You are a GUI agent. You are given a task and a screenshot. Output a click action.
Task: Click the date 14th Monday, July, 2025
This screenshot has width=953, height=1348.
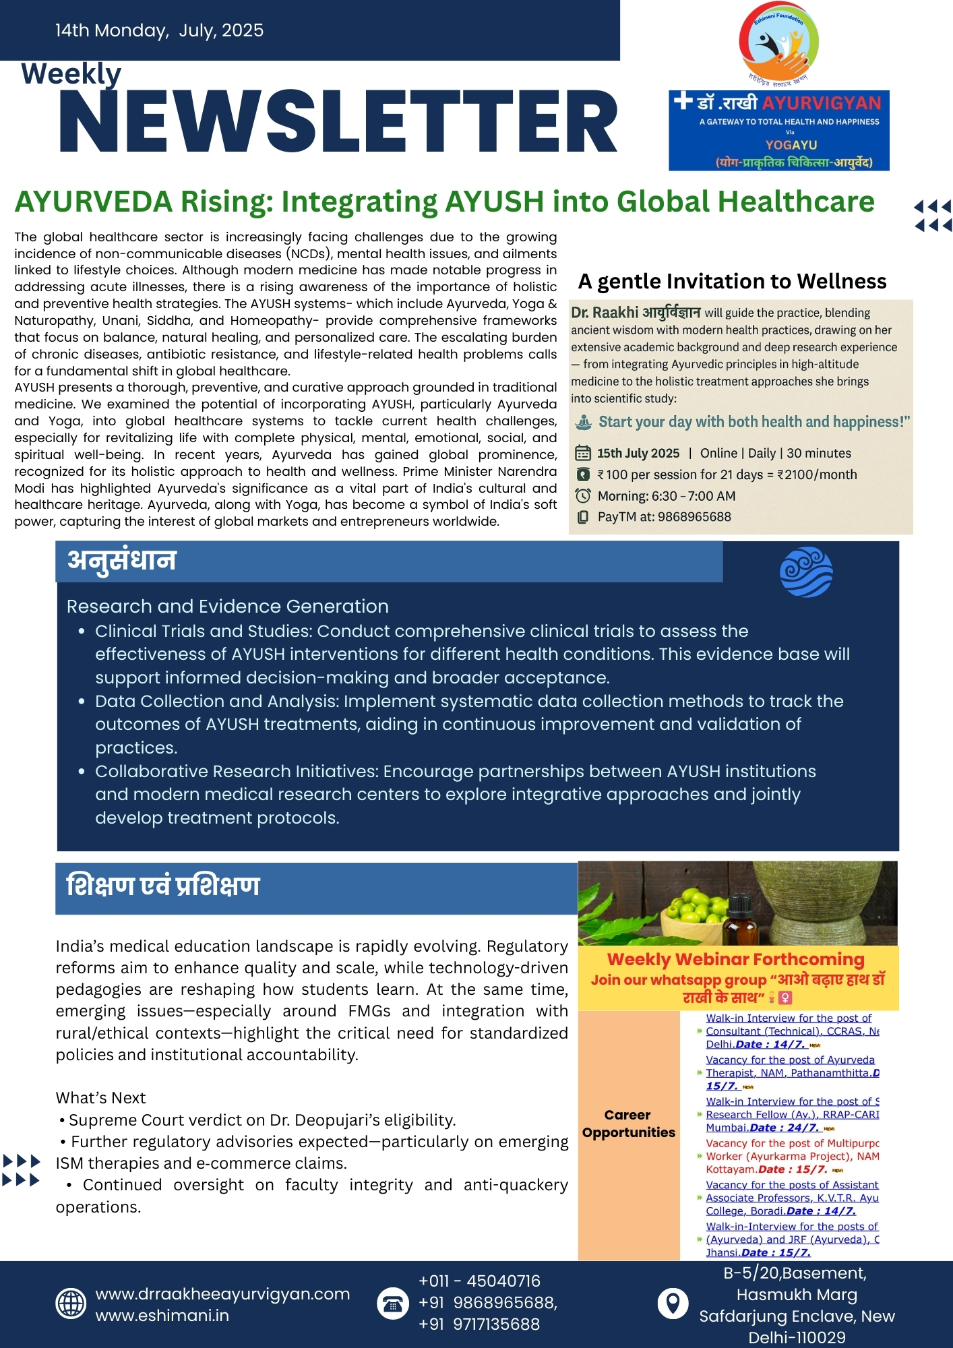[159, 30]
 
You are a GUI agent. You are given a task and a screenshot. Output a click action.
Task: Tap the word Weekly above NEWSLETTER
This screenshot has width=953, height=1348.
[71, 73]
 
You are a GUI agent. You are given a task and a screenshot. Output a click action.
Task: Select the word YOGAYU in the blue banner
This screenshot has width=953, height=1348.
[791, 145]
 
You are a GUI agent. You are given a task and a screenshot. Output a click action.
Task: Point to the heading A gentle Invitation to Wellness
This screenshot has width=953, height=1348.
[732, 281]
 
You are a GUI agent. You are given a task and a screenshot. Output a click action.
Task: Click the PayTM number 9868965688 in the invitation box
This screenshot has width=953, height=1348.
[694, 517]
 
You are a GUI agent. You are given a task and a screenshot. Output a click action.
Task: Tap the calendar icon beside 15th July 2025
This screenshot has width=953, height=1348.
[583, 454]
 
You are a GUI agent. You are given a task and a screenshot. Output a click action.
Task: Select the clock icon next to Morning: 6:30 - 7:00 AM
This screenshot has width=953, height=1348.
[583, 496]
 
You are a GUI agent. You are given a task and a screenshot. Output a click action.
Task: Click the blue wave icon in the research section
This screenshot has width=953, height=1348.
[806, 572]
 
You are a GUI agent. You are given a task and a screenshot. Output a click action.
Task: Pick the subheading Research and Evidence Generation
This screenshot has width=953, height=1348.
[227, 606]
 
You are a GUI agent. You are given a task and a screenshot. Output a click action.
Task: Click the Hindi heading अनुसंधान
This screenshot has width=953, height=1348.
[122, 561]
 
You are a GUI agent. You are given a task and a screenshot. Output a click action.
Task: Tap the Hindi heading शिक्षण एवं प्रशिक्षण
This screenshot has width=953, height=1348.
[163, 886]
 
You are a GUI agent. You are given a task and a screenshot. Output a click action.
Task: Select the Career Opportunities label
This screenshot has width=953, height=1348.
[628, 1124]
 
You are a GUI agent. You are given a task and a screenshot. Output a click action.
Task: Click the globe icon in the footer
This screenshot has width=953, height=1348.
[71, 1304]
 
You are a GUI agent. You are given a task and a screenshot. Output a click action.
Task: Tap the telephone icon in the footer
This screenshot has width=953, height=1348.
[393, 1304]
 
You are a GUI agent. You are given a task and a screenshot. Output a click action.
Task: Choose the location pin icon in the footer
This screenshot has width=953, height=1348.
[673, 1304]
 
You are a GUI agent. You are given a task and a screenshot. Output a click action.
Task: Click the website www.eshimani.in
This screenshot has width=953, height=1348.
[162, 1316]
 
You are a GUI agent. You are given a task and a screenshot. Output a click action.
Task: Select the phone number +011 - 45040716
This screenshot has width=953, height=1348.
[479, 1281]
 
